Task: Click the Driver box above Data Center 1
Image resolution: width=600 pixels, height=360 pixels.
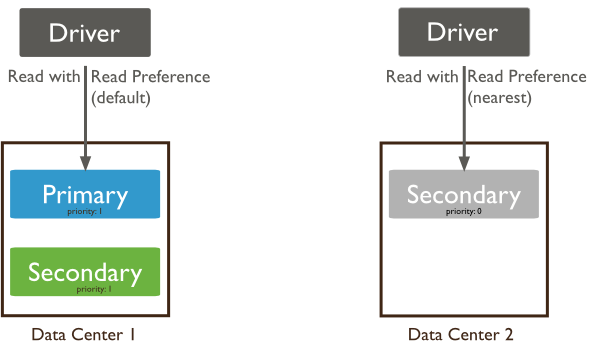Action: pos(85,32)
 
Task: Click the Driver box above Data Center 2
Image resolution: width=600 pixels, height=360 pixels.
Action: pos(463,32)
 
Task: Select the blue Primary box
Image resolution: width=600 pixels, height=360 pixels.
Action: pos(85,195)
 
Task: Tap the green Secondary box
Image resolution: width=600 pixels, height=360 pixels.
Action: pos(85,272)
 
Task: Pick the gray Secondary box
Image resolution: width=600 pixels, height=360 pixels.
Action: pos(463,195)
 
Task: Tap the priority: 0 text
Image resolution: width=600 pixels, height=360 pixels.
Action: pos(463,211)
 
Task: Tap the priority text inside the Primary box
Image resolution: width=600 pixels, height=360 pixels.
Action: pos(86,211)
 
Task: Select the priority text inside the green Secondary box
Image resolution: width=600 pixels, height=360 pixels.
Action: pos(86,288)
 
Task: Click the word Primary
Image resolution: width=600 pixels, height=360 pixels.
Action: pos(85,193)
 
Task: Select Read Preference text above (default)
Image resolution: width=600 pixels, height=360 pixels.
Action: pos(150,77)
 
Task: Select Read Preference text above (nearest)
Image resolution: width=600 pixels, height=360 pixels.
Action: pos(528,77)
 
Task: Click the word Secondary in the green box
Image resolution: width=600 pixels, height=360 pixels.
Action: pos(85,270)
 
